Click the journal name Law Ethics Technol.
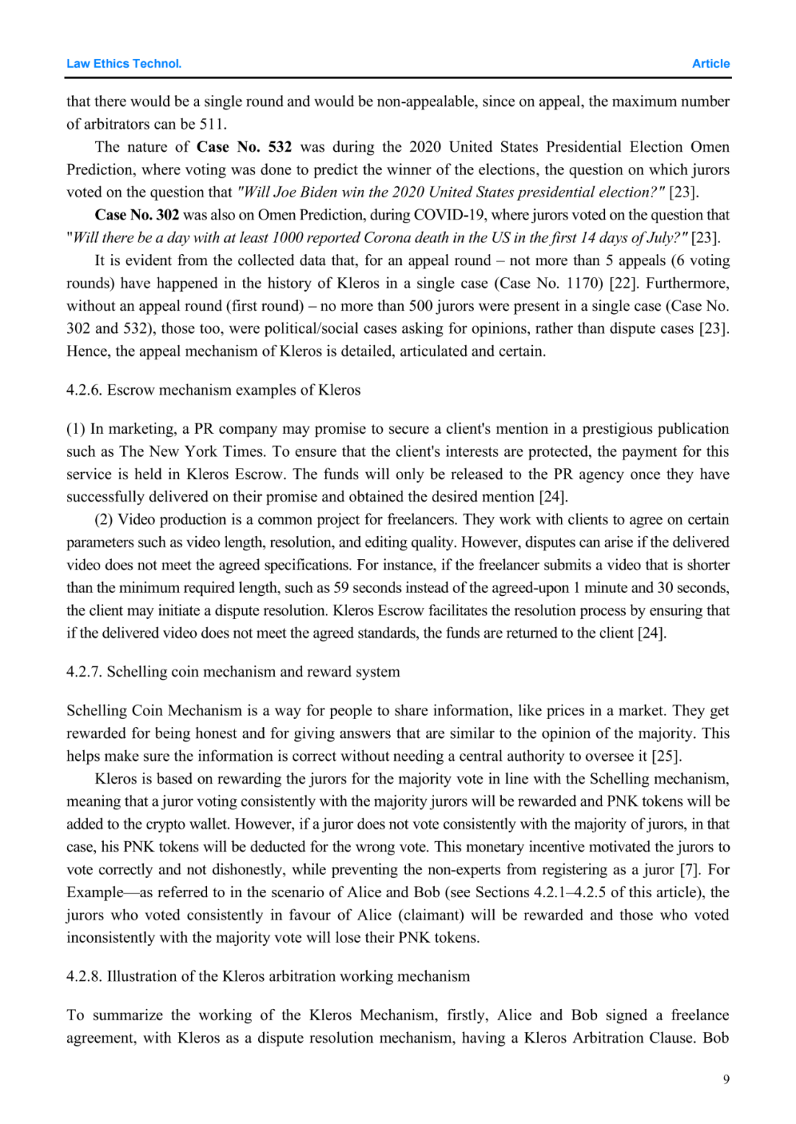coord(124,64)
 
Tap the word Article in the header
coord(711,64)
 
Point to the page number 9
coord(726,1079)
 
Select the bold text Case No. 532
coord(244,147)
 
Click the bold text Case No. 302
coord(137,214)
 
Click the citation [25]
coord(667,756)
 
